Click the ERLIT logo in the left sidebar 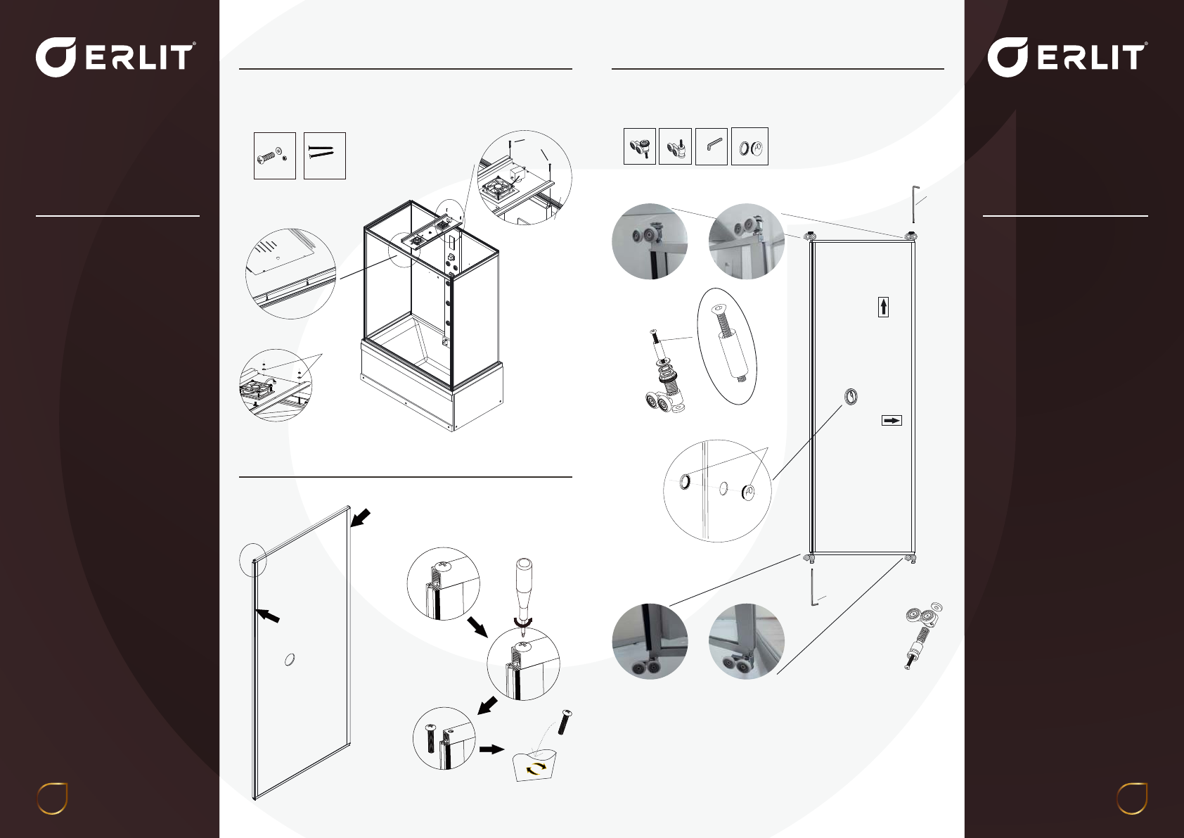click(x=116, y=57)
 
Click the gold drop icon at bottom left click(x=52, y=798)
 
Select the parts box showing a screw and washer click(x=275, y=155)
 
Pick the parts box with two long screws click(x=325, y=155)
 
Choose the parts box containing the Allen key click(x=712, y=146)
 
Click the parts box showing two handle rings click(x=749, y=146)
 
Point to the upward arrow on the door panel click(x=883, y=307)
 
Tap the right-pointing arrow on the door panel click(x=892, y=420)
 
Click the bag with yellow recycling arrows click(x=535, y=765)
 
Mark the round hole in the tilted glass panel click(x=289, y=659)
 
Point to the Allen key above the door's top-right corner click(x=914, y=204)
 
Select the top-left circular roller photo click(x=650, y=241)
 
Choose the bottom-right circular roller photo click(x=747, y=641)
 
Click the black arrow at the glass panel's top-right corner click(x=360, y=518)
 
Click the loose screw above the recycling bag click(x=565, y=722)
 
